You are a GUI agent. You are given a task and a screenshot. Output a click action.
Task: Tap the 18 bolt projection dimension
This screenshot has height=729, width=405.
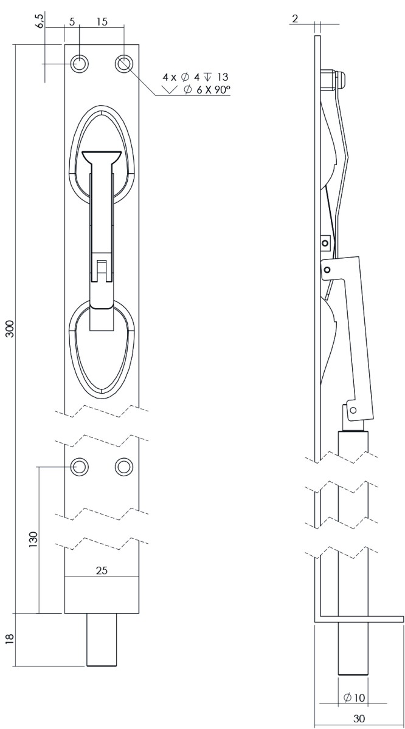(x=10, y=640)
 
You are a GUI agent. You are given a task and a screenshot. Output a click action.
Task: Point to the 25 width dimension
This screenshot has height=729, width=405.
(x=102, y=570)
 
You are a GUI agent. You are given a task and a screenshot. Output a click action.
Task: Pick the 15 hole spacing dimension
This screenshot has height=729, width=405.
(x=102, y=22)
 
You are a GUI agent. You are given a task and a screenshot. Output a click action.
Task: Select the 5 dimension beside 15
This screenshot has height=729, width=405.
(x=72, y=22)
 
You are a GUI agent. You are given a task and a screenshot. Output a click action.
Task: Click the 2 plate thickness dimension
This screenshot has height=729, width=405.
(x=295, y=19)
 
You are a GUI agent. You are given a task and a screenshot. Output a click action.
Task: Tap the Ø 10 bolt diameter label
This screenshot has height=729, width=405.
(x=353, y=697)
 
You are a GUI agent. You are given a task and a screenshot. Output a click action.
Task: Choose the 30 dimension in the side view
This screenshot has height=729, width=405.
(x=359, y=718)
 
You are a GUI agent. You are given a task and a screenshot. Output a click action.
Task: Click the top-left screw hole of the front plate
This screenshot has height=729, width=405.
(x=79, y=63)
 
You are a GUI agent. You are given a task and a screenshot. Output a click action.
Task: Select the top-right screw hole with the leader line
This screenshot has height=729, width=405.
(x=124, y=63)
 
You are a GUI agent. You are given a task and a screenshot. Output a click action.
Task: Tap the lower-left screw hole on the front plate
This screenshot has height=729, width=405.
(x=79, y=467)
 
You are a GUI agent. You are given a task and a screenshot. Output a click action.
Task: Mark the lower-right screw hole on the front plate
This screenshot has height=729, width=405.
(x=124, y=467)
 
